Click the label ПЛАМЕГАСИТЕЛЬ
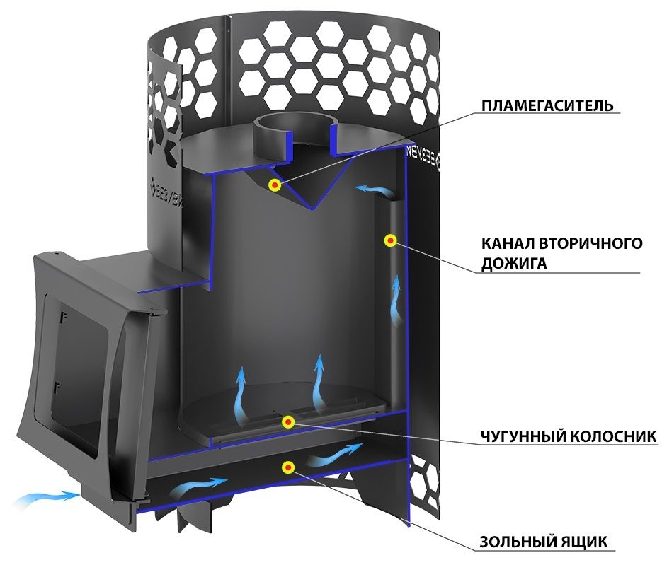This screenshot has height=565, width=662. (x=547, y=105)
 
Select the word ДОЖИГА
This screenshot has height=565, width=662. (x=508, y=264)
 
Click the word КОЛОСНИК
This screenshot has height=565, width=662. (x=613, y=436)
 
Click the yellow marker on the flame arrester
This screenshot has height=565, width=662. (x=275, y=185)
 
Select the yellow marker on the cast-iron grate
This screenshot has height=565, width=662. (x=288, y=421)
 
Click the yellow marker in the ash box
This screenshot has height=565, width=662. (x=288, y=467)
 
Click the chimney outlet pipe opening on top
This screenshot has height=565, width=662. (x=292, y=124)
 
